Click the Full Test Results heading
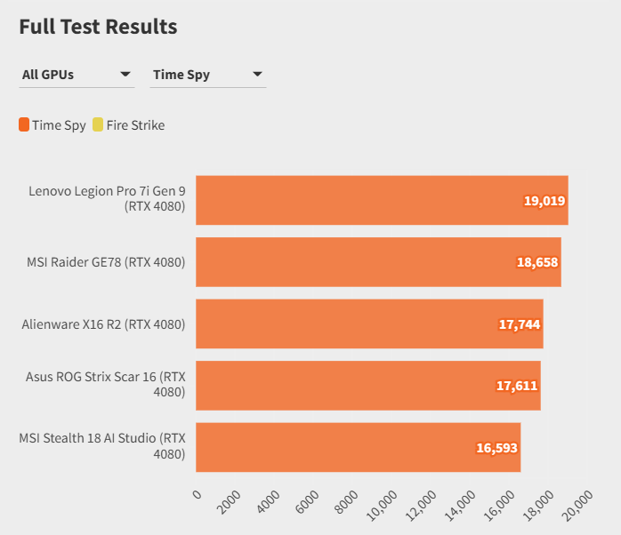point(98,27)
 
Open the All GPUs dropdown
point(77,75)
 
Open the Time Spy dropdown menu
point(208,75)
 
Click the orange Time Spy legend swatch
point(24,125)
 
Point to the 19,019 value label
point(544,201)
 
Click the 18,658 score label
point(537,262)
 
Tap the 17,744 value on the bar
point(520,324)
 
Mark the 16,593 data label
point(496,448)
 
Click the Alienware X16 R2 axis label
point(103,324)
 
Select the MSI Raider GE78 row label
point(106,262)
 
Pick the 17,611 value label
point(517,386)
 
